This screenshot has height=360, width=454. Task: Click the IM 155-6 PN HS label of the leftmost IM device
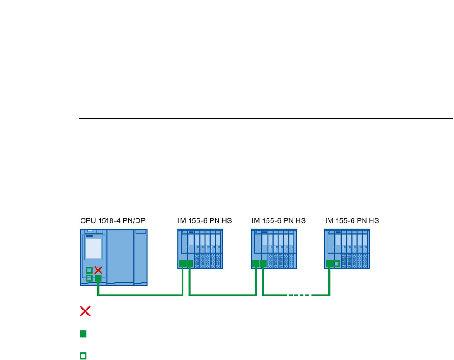[x=204, y=221]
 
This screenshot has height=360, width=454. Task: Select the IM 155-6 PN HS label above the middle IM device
[x=278, y=221]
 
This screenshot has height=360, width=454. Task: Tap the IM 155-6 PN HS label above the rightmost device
[x=352, y=221]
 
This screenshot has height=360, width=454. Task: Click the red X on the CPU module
[x=98, y=270]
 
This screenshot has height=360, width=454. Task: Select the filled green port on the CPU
[x=98, y=278]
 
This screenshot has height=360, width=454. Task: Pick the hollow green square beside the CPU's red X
[x=90, y=270]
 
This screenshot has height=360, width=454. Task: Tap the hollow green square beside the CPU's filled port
[x=90, y=278]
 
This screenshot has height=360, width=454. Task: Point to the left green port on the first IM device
[x=182, y=264]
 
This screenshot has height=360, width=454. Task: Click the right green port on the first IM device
[x=189, y=264]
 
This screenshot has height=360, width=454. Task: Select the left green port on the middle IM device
[x=256, y=264]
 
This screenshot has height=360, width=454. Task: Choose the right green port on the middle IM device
[x=263, y=264]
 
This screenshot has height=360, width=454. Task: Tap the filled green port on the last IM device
[x=329, y=264]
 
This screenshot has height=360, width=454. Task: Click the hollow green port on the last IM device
[x=337, y=264]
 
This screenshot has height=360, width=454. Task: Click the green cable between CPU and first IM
[x=141, y=295]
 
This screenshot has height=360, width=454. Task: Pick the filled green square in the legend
[x=83, y=334]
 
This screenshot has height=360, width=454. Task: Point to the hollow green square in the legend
[x=83, y=355]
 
